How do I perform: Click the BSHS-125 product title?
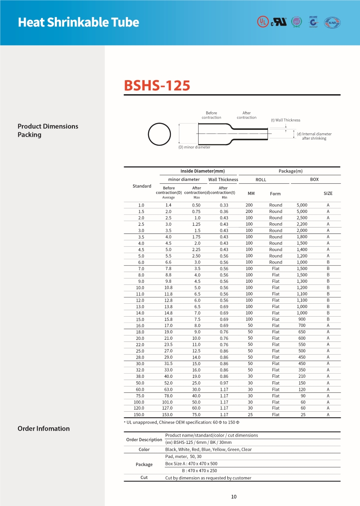(157, 85)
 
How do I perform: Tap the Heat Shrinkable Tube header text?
(78, 22)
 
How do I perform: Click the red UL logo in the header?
(262, 22)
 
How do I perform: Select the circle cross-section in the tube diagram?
(159, 134)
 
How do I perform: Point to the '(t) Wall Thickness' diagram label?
(286, 120)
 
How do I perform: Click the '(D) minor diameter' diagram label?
(194, 147)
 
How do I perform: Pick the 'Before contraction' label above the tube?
(211, 115)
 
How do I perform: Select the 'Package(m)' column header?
(291, 171)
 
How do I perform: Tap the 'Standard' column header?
(142, 186)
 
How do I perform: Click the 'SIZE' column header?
(328, 194)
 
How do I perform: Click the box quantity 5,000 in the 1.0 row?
(302, 205)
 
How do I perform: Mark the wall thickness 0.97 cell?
(224, 383)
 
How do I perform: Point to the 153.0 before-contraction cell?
(168, 415)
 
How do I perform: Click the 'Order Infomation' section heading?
(44, 428)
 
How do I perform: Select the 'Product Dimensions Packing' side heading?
(48, 130)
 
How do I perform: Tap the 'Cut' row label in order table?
(144, 478)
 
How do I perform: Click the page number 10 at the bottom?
(234, 497)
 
